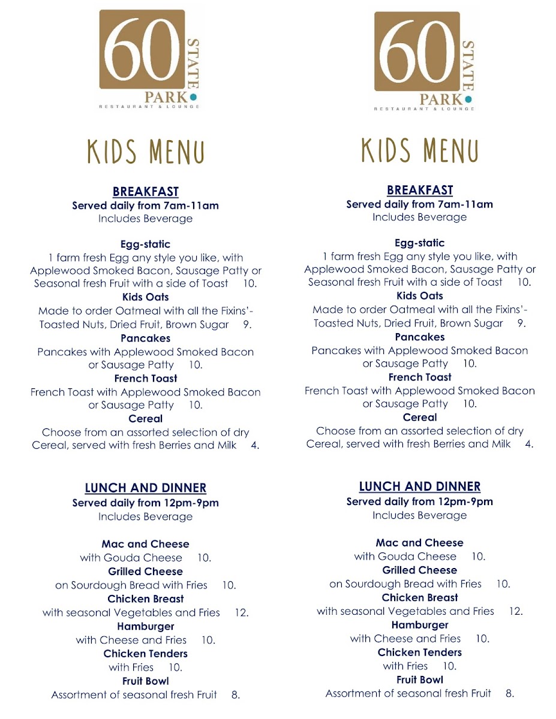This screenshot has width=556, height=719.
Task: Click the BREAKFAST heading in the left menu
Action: point(146,192)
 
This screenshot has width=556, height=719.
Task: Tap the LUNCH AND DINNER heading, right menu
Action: point(420,487)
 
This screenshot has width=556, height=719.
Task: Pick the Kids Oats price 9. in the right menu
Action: point(521,324)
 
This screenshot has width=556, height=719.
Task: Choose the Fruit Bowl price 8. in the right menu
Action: point(510,694)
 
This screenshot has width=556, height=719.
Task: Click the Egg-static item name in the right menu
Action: point(420,243)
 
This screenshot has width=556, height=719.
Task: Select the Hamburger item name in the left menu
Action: point(146,627)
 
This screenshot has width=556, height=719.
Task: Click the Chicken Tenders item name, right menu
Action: point(420,652)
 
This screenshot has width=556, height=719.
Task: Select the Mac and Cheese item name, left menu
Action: point(146,544)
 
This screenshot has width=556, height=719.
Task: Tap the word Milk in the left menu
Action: point(225,446)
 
